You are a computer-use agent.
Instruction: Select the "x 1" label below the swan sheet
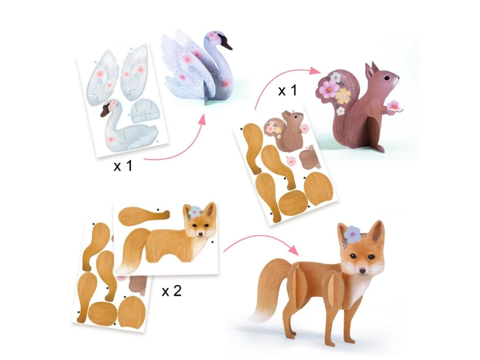coord(123,165)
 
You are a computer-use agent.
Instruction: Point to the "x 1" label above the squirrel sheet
coord(287,90)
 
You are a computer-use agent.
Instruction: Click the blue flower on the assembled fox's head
coord(352,232)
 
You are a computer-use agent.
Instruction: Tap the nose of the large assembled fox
coord(363,271)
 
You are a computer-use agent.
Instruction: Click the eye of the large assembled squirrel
coord(388,78)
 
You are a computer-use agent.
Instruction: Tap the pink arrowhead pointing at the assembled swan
coord(201,119)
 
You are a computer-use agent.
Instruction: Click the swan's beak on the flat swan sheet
coord(105,111)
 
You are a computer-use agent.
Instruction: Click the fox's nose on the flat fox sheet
coord(200,234)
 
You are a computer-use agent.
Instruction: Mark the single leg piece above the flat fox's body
coord(143,215)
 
